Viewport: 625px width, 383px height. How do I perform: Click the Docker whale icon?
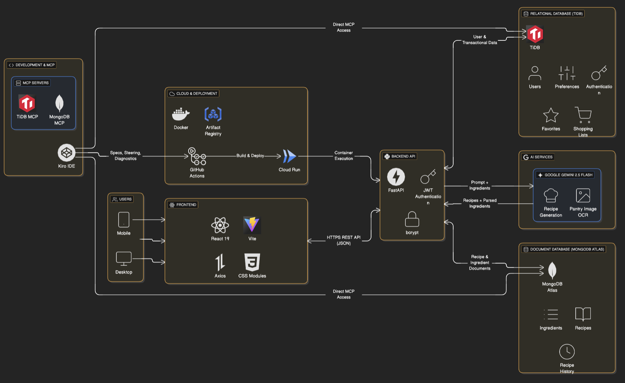click(181, 114)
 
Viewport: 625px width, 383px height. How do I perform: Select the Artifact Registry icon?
click(213, 114)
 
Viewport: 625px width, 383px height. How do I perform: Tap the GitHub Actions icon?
click(197, 156)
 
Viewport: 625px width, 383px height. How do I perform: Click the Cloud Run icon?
click(289, 156)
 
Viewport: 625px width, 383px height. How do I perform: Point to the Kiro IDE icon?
click(66, 153)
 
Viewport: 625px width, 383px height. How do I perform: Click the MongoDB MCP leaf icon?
click(59, 104)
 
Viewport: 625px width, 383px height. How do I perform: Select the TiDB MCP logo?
click(27, 104)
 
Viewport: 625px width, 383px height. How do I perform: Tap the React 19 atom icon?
click(220, 225)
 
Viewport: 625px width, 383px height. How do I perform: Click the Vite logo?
click(252, 225)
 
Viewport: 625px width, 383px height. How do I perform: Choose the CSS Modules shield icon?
click(252, 262)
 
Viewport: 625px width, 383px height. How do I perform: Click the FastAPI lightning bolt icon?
click(396, 177)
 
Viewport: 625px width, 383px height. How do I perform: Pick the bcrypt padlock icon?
click(412, 219)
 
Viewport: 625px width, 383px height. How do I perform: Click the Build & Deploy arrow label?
click(250, 156)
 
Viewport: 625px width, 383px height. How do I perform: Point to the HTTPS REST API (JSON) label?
click(344, 240)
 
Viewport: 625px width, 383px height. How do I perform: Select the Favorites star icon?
click(551, 115)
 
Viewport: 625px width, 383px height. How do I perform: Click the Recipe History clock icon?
click(567, 352)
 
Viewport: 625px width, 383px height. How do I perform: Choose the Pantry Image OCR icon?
click(583, 195)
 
